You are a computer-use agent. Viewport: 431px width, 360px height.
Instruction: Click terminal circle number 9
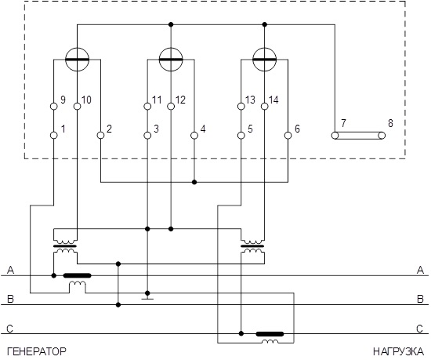[x=54, y=106]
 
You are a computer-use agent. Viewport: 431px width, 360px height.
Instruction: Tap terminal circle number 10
[x=78, y=106]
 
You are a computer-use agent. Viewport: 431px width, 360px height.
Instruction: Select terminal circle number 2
[x=100, y=136]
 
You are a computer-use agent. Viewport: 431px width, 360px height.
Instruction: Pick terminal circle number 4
[x=194, y=136]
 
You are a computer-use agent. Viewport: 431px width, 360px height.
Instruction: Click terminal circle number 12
[x=171, y=106]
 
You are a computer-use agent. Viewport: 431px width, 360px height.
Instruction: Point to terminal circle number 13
[x=241, y=106]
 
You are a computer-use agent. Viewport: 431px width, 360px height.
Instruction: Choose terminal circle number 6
[x=288, y=136]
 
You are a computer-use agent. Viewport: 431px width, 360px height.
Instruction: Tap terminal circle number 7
[x=335, y=136]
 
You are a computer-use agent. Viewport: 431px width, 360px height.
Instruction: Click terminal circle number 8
[x=382, y=136]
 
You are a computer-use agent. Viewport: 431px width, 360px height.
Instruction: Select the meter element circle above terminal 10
[x=78, y=48]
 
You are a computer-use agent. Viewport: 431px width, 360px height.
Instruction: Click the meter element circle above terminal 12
[x=171, y=48]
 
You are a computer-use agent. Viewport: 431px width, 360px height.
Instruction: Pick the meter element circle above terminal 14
[x=264, y=48]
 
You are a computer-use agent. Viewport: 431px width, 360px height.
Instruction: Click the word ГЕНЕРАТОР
[x=37, y=351]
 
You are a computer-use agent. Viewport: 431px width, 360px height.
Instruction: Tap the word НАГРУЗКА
[x=399, y=351]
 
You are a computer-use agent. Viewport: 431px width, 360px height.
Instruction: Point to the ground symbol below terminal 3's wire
[x=147, y=297]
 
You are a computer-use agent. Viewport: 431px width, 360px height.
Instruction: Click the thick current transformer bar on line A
[x=78, y=275]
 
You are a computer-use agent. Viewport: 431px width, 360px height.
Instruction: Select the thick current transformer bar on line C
[x=270, y=334]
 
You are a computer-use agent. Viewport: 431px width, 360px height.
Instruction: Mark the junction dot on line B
[x=118, y=305]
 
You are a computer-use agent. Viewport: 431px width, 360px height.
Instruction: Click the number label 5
[x=250, y=129]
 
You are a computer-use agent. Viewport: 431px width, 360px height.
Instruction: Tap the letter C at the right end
[x=420, y=329]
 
